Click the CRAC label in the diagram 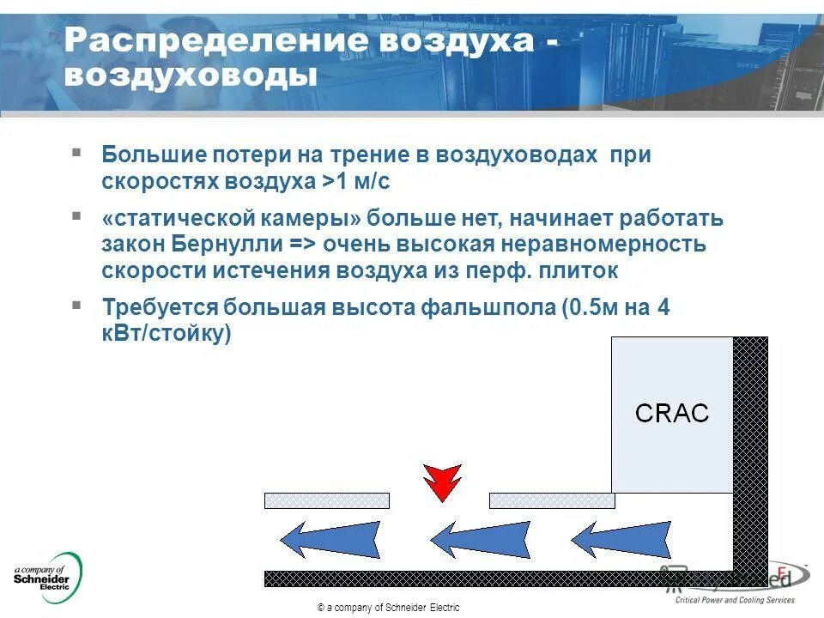[672, 414]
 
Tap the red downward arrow [442, 482]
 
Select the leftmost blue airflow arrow [330, 541]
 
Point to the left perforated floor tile [327, 500]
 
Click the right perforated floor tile [552, 500]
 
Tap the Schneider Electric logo [47, 578]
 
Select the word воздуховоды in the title [191, 76]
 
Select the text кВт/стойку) [167, 334]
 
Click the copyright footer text [388, 608]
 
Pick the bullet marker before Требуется [77, 305]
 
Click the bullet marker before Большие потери [77, 153]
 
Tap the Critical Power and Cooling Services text [735, 600]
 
